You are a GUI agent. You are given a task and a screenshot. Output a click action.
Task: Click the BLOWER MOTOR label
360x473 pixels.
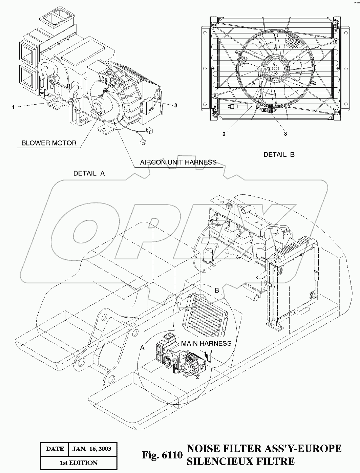[49, 143]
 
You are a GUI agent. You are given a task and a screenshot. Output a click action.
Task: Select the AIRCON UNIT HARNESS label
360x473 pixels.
[178, 162]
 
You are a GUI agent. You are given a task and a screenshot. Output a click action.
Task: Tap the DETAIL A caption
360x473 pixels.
[89, 173]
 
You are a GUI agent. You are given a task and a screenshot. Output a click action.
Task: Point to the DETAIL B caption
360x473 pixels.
[279, 154]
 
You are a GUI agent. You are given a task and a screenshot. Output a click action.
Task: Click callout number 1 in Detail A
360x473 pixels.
[13, 107]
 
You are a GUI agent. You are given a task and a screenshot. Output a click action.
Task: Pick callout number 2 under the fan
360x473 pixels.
[224, 134]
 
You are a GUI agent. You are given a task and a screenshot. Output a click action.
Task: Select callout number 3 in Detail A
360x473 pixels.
[176, 105]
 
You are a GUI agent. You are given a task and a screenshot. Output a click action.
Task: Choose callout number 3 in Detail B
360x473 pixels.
[285, 134]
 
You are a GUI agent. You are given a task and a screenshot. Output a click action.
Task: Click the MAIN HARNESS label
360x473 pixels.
[206, 343]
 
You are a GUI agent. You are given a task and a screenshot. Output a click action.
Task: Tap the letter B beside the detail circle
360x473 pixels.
[217, 290]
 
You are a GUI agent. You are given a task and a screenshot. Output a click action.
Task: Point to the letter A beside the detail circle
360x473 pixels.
[143, 348]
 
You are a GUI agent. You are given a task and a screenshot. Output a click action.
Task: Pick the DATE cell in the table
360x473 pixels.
[55, 449]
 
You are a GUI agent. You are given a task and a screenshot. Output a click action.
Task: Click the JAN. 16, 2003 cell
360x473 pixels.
[92, 449]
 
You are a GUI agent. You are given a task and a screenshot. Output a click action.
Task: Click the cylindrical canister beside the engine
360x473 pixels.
[207, 254]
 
